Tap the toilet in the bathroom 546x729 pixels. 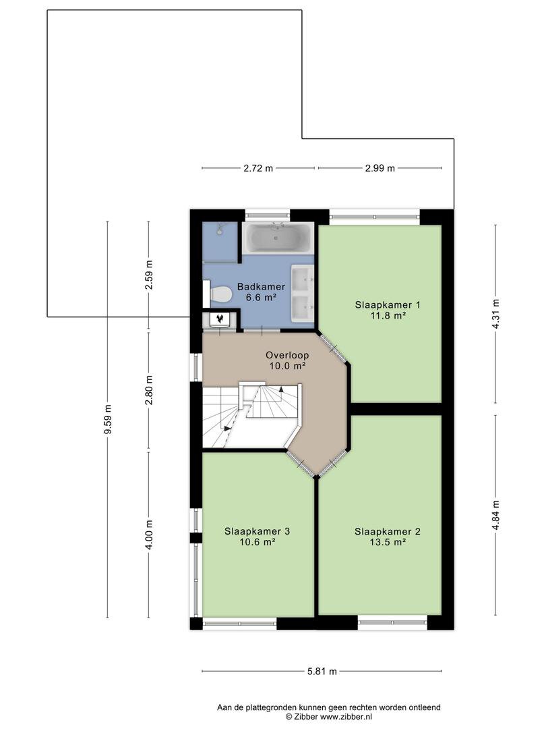tap(218, 294)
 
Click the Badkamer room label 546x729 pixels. tap(261, 287)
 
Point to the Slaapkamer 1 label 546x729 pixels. tap(388, 305)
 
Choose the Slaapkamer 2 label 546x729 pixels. tap(388, 531)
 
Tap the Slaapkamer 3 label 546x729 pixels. tap(257, 531)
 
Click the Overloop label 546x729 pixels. tap(287, 355)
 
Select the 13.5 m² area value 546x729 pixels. tap(388, 542)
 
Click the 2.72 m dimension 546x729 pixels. tap(258, 168)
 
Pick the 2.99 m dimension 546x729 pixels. tap(380, 168)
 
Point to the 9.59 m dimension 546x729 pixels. tap(108, 419)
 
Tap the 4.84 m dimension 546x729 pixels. tap(495, 515)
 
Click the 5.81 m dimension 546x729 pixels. tap(322, 671)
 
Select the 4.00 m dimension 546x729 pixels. tap(148, 535)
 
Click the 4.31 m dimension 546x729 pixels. tap(495, 314)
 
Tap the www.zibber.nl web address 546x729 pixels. tap(346, 716)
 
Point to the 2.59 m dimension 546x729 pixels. tap(148, 275)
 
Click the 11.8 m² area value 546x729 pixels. tap(388, 316)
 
